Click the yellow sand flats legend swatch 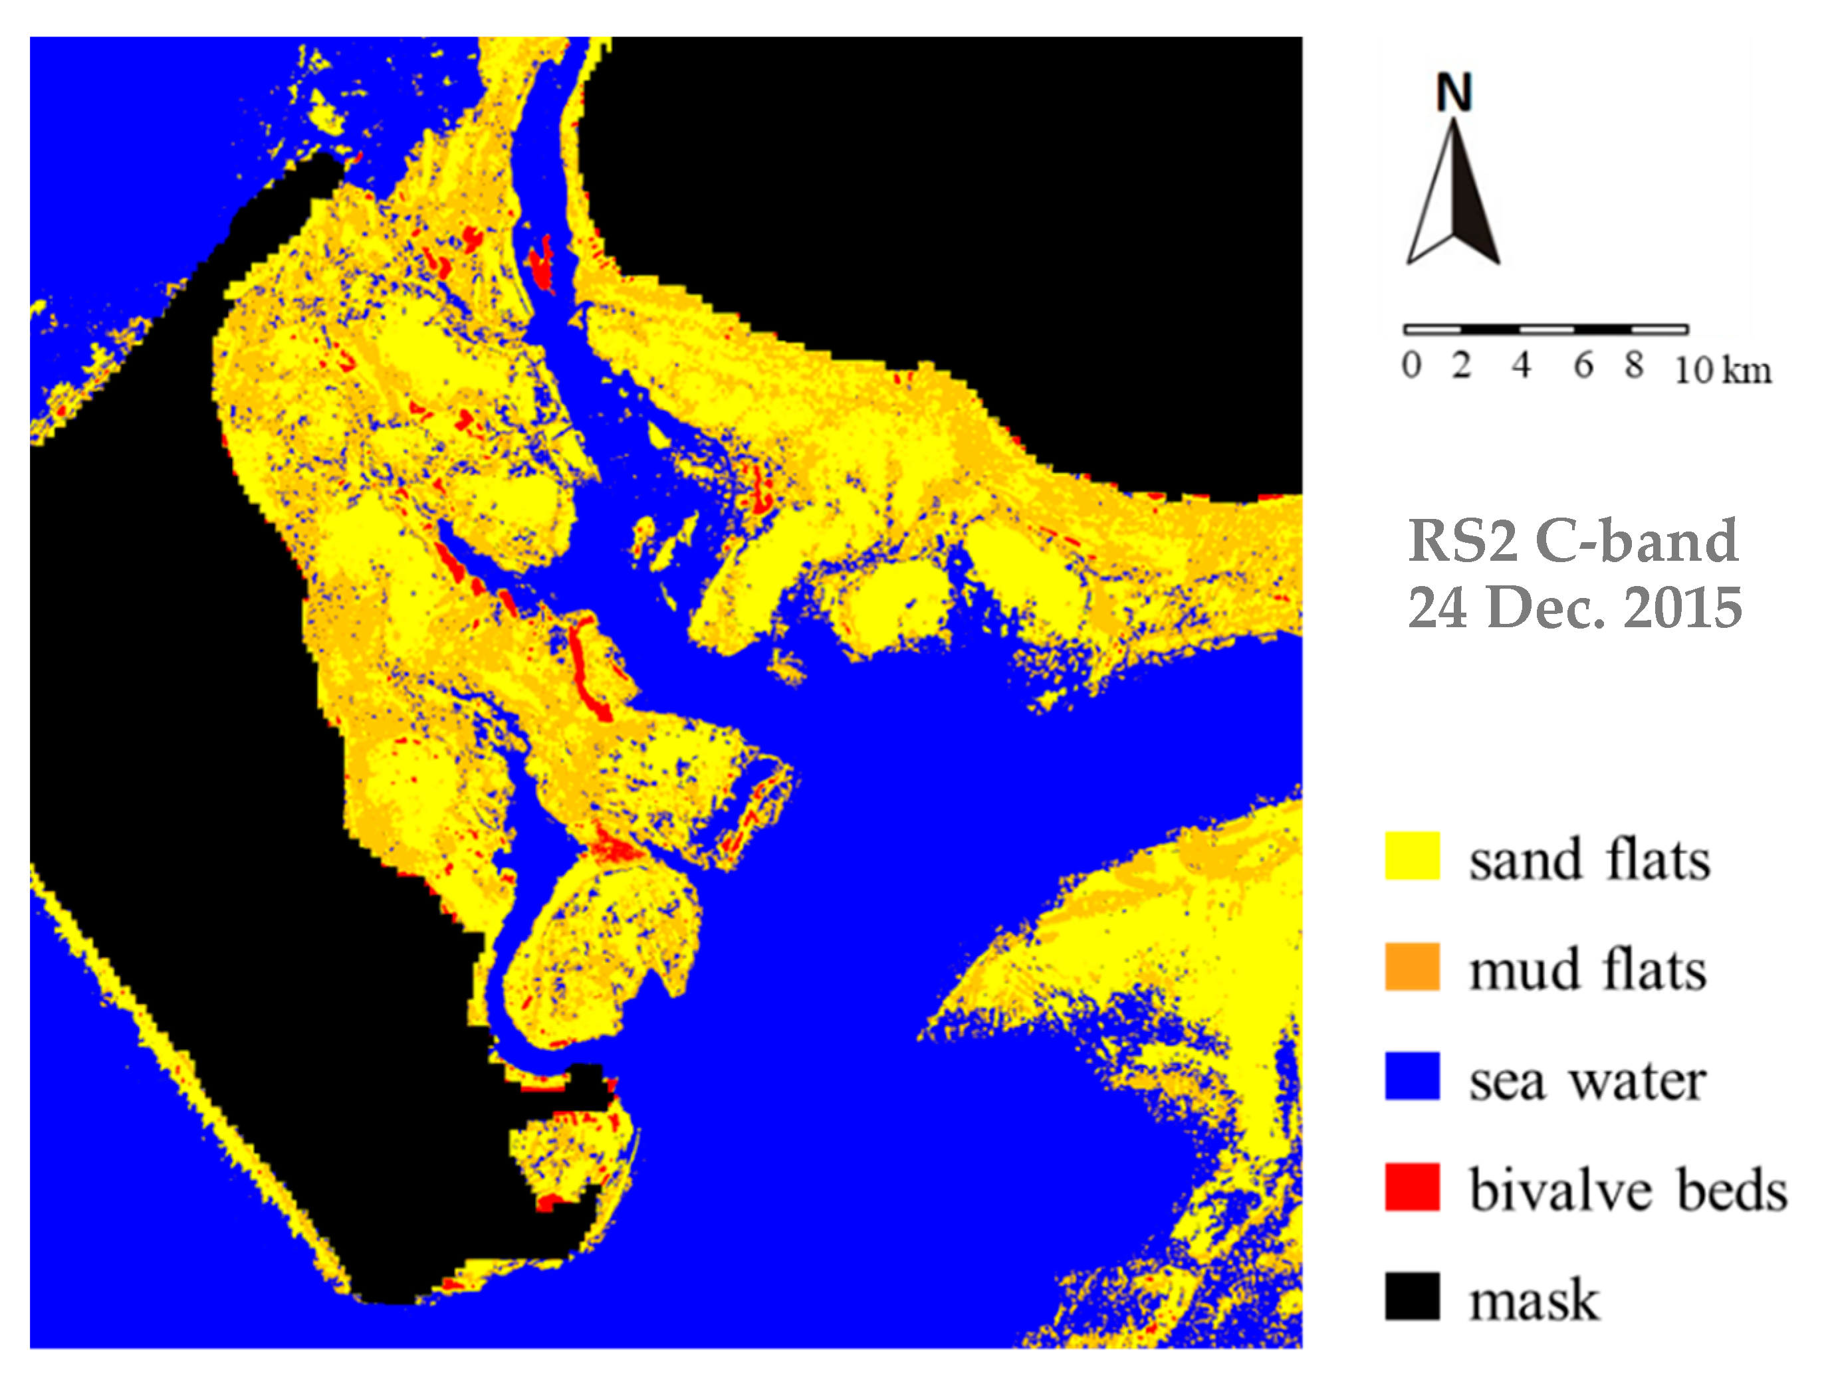point(1411,856)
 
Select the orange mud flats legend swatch point(1411,966)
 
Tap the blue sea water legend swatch point(1411,1076)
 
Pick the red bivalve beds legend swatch point(1411,1187)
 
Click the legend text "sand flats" point(1589,860)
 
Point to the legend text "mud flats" point(1587,970)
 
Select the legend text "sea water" point(1587,1080)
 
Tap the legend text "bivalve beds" point(1628,1191)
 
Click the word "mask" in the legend point(1534,1300)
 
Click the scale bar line point(1545,329)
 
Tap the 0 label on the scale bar point(1411,365)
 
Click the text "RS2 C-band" point(1573,541)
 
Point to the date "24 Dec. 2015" point(1574,608)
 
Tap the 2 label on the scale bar point(1462,365)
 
